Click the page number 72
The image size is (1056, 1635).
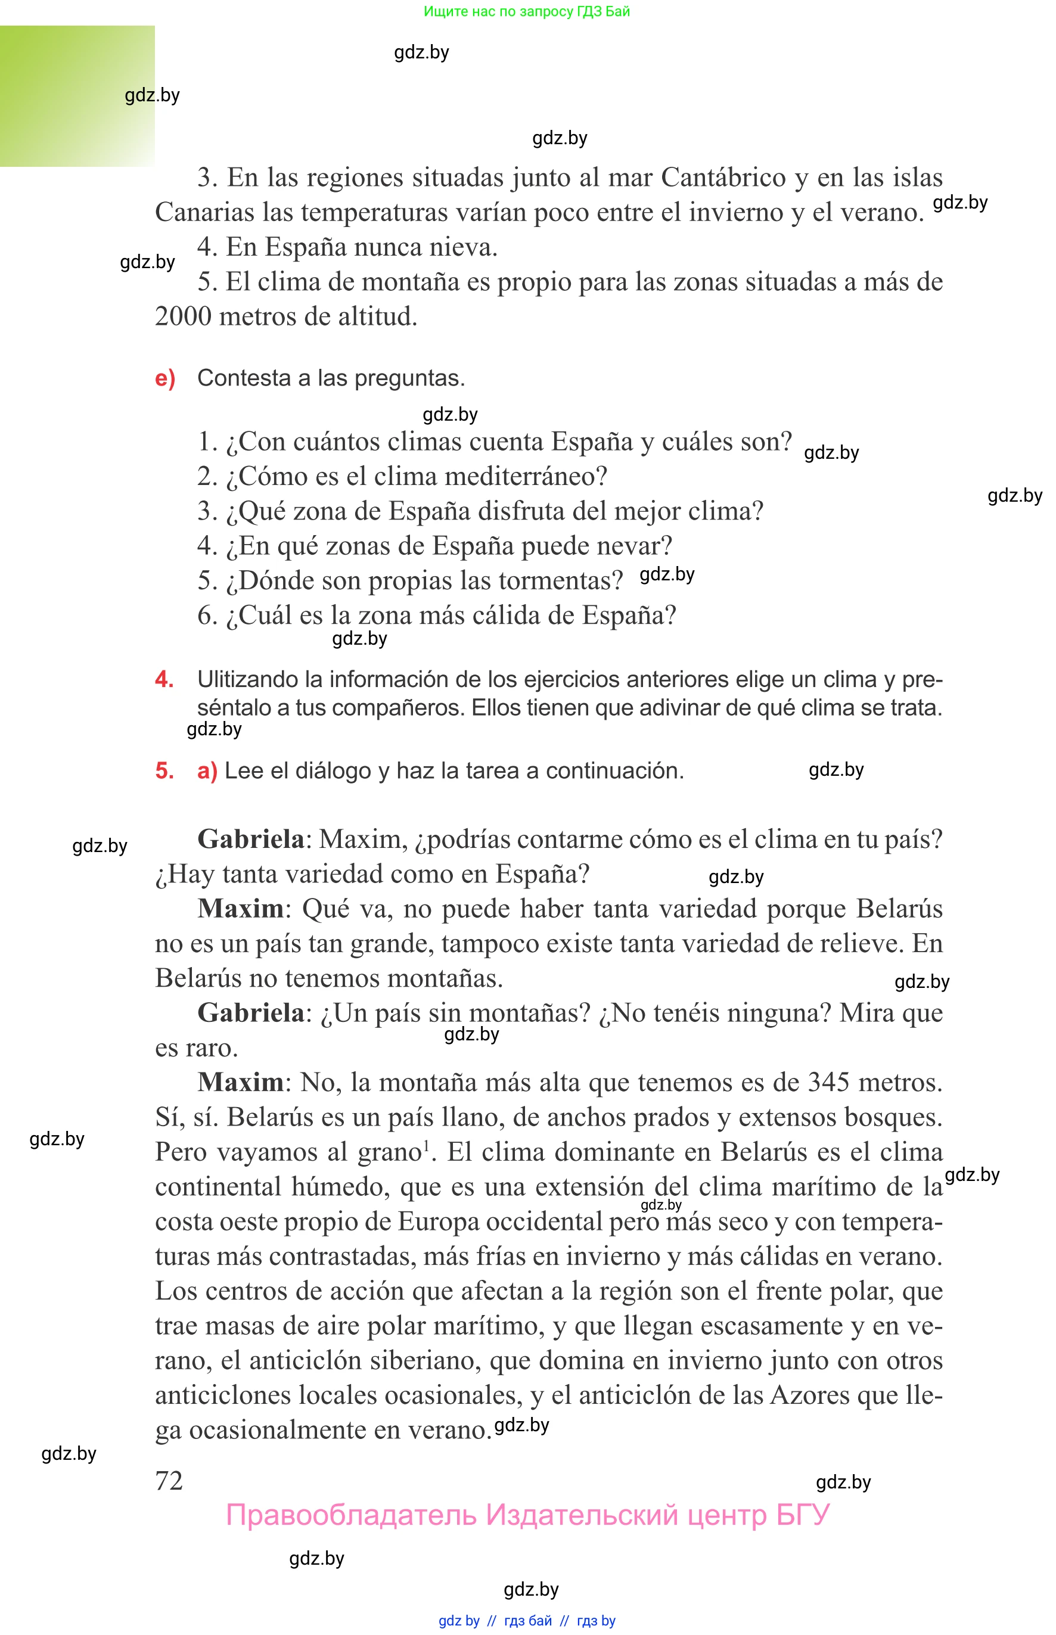(169, 1480)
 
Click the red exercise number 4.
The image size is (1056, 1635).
(164, 679)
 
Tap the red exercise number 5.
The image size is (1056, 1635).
(164, 770)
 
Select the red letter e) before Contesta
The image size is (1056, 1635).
(165, 378)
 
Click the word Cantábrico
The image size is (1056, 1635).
(723, 178)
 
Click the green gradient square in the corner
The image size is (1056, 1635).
(77, 96)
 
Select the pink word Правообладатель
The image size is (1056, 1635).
(350, 1516)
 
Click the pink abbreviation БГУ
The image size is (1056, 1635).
(802, 1516)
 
